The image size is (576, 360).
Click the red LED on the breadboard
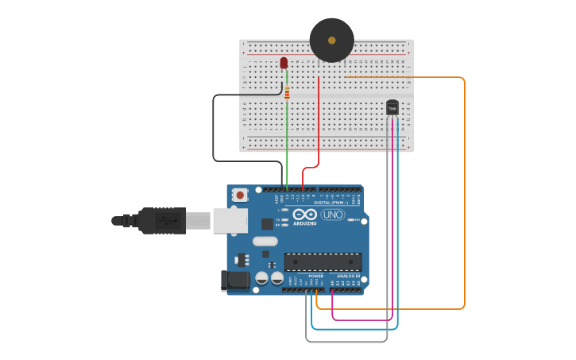284,63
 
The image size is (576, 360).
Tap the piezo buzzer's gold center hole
331,38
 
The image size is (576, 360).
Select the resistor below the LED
287,93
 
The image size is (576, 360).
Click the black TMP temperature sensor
392,106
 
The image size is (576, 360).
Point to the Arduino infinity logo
304,214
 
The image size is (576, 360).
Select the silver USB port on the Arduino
230,221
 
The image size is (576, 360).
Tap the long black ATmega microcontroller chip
323,261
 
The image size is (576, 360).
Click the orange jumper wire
464,191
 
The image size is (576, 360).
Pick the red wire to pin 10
319,119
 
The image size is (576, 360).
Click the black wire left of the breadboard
213,127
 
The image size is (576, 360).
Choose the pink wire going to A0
361,319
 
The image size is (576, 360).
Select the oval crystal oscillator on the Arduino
265,241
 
